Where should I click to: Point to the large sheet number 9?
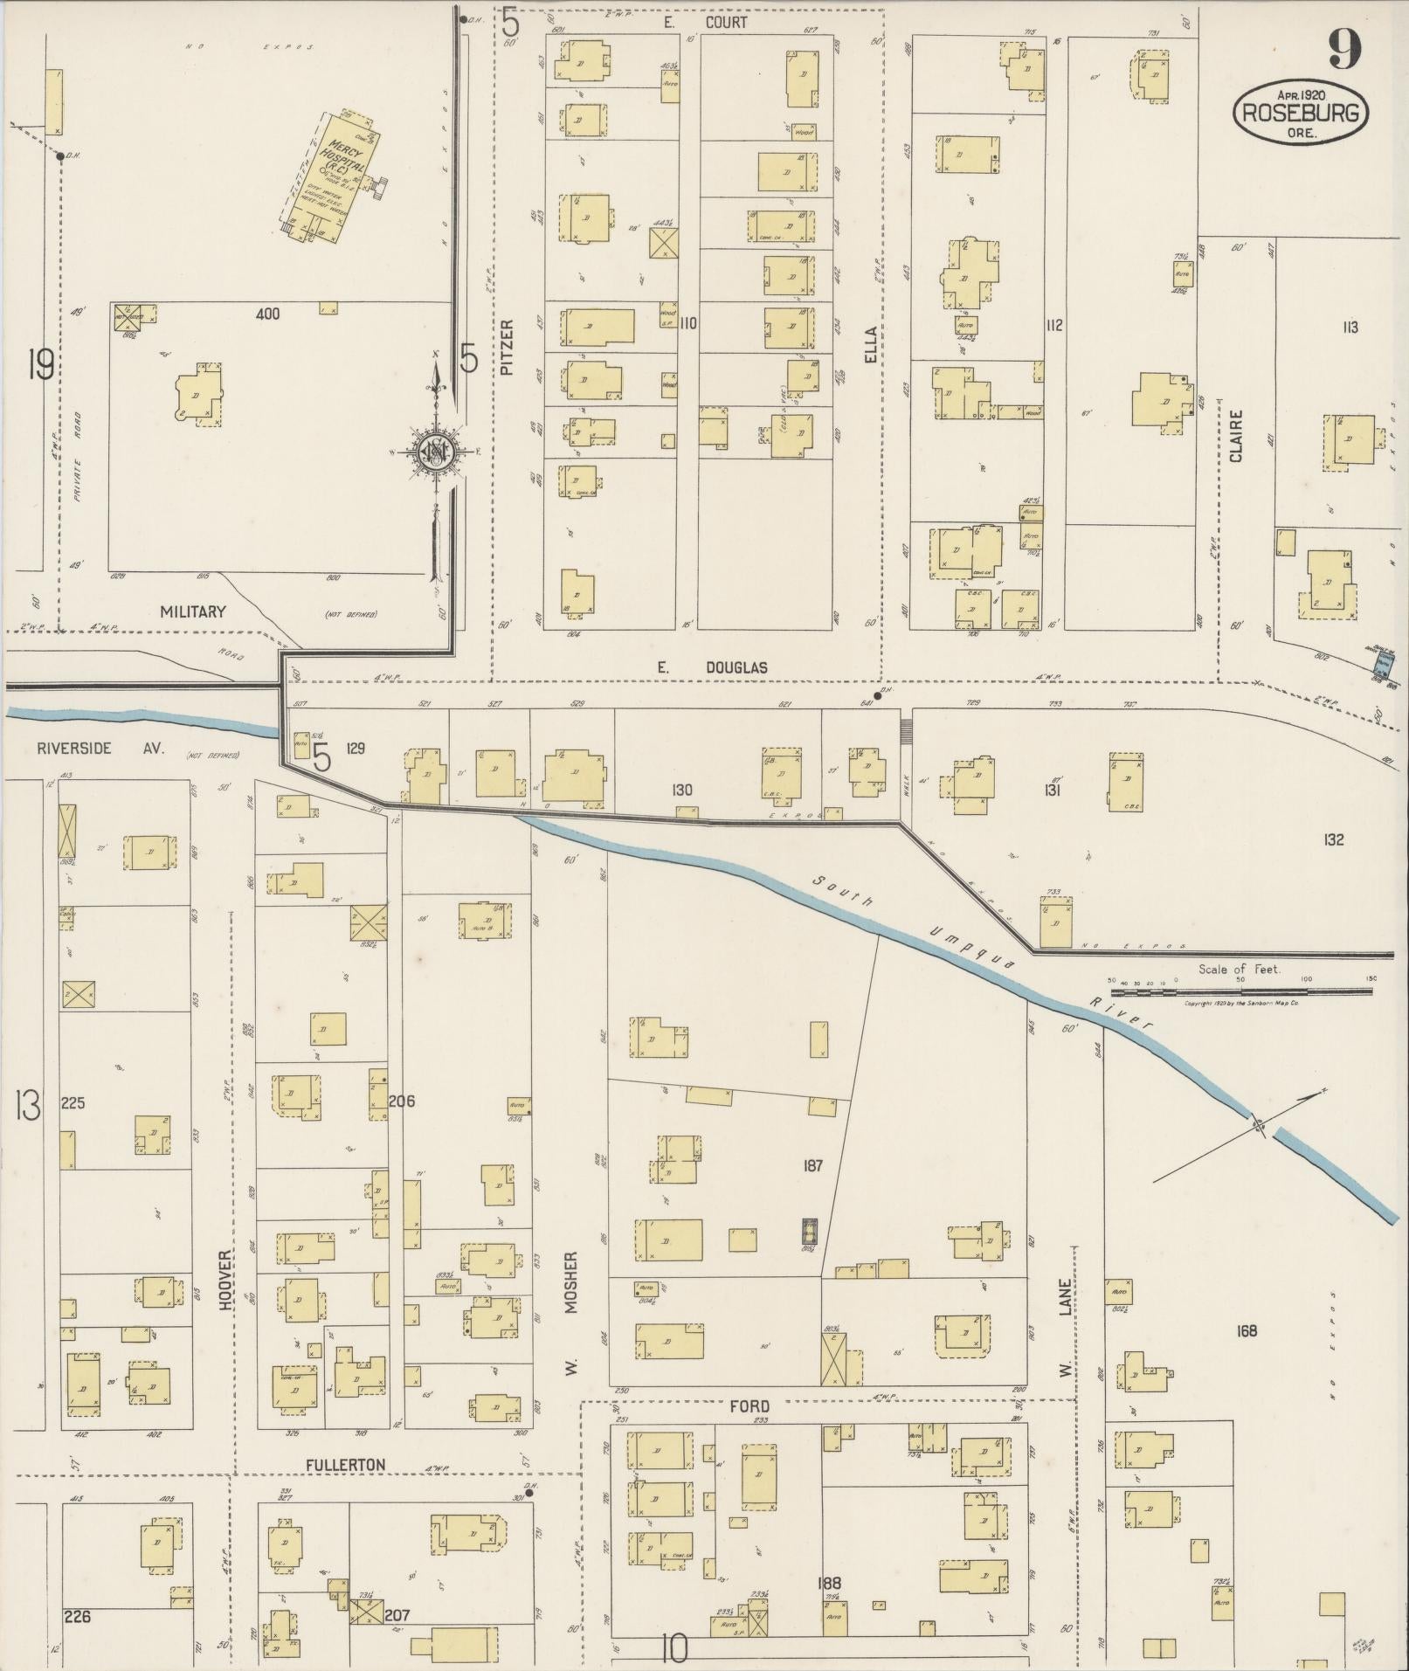pos(1344,49)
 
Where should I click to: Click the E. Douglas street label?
pos(712,667)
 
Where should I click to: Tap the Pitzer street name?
pos(508,348)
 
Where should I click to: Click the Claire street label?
pos(1236,436)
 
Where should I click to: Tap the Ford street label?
pos(749,1405)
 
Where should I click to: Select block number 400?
pos(267,314)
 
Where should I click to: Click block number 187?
pos(812,1165)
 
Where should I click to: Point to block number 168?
pos(1247,1330)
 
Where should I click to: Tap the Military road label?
pos(193,611)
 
